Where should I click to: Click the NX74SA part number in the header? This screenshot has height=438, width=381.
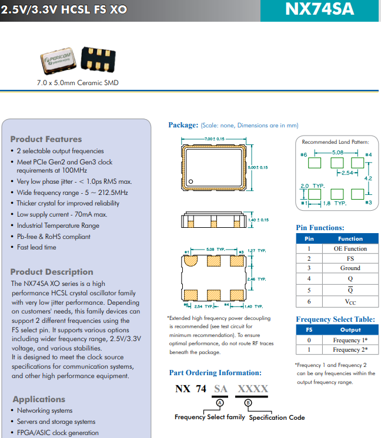(x=320, y=10)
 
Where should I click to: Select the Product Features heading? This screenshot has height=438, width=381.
(x=46, y=139)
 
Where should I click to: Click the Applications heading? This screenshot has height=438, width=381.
(x=39, y=399)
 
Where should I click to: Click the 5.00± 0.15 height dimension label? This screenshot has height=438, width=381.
(x=258, y=167)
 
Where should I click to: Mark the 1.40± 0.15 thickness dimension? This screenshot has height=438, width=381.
(x=259, y=220)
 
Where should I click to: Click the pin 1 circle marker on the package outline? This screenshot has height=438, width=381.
(x=190, y=181)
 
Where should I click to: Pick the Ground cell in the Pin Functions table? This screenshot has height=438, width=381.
(x=350, y=268)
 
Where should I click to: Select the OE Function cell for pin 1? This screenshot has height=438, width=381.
(x=350, y=248)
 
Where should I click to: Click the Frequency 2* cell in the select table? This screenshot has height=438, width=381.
(x=350, y=350)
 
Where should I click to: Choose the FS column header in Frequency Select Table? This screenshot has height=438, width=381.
(x=309, y=330)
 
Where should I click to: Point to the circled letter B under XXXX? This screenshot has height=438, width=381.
(x=248, y=403)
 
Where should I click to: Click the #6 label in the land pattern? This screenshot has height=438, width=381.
(x=304, y=154)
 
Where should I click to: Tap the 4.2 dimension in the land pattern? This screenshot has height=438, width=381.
(x=368, y=178)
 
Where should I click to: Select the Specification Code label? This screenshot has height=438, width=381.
(x=277, y=417)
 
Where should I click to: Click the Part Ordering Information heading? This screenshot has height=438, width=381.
(x=215, y=373)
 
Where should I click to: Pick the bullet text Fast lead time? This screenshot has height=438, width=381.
(x=36, y=247)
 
